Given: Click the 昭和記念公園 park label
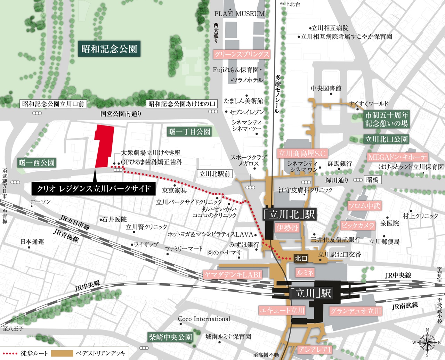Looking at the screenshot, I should coord(109,49).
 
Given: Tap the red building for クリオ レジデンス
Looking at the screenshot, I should coord(104,146).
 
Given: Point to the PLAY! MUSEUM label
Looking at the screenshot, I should coord(240,14).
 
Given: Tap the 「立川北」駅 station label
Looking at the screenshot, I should coord(289,214).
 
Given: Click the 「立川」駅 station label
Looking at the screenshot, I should coord(311,293).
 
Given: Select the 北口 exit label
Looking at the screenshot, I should coord(301,258).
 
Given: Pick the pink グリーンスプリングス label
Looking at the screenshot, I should coord(242,54).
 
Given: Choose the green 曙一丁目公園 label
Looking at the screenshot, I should coord(189,132).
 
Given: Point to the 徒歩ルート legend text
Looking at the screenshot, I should coord(34,353).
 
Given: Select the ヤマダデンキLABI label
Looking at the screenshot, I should coord(233,275).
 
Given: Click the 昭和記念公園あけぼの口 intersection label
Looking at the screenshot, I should coord(182,104).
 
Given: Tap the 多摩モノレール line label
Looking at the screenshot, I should coord(277,94).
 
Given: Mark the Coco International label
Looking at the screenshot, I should coord(204,319).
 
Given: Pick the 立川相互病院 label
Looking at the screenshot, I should coord(330,28).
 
